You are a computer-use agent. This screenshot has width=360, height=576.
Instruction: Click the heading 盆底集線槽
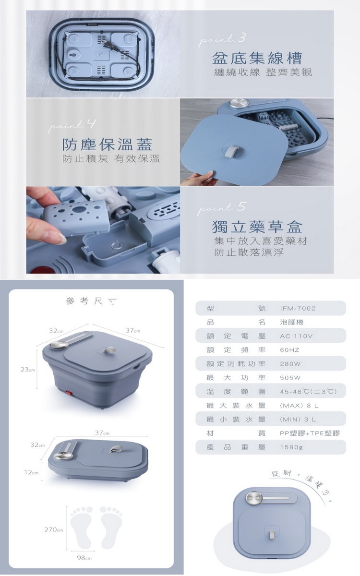[x=257, y=59]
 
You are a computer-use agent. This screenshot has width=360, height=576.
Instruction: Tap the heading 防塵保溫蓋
[x=108, y=144]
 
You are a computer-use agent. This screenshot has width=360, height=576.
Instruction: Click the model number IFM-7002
[x=298, y=308]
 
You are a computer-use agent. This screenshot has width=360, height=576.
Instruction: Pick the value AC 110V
[x=296, y=336]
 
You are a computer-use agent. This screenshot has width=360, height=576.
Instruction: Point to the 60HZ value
[x=289, y=350]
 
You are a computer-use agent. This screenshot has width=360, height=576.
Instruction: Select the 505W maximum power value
[x=290, y=378]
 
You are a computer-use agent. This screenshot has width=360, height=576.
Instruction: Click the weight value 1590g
[x=291, y=447]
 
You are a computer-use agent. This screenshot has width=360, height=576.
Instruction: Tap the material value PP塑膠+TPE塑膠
[x=310, y=433]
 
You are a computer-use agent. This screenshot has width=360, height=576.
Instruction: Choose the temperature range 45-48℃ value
[x=309, y=392]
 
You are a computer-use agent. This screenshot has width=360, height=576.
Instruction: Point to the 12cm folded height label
[x=32, y=472]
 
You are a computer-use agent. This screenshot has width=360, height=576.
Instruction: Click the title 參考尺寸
[x=91, y=301]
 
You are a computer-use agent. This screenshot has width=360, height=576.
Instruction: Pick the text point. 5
[x=222, y=207]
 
